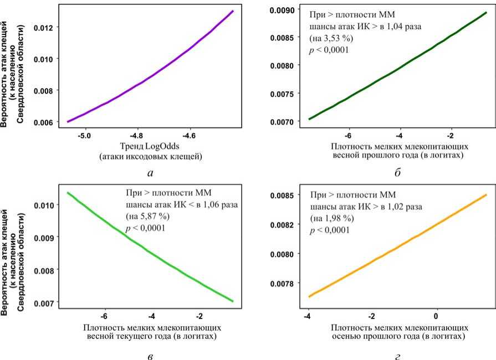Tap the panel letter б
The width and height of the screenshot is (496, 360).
coord(398,173)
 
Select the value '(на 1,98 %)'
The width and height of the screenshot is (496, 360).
coord(331,218)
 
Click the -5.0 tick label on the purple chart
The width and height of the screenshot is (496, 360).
coord(84,135)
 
